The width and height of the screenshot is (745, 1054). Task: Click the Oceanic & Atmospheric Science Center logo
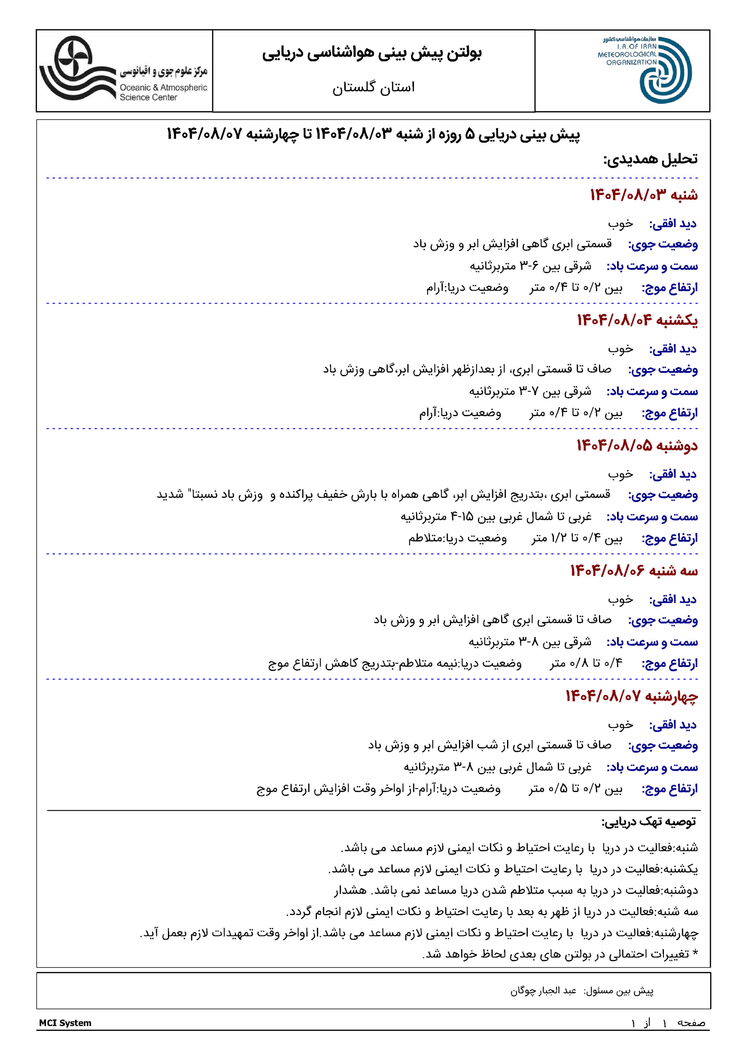[x=78, y=69]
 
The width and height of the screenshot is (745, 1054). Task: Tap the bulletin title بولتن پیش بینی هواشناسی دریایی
[x=372, y=53]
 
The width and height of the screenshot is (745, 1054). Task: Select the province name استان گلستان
[x=373, y=87]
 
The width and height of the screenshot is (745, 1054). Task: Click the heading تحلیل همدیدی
[x=650, y=159]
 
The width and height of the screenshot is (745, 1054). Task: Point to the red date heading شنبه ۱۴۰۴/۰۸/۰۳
[x=644, y=195]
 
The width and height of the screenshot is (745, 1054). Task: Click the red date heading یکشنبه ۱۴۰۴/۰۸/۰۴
[x=637, y=320]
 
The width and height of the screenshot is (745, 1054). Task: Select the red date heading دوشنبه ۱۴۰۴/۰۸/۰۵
[x=637, y=445]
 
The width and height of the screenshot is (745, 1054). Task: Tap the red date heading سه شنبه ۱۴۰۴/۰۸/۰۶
[x=634, y=571]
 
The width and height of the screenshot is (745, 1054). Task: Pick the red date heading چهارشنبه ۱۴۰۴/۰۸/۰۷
[x=632, y=696]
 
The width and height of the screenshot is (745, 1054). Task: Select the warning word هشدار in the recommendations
[x=350, y=890]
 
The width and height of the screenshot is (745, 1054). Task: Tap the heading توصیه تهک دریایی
[x=649, y=822]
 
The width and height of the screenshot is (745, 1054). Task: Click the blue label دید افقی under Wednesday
[x=673, y=725]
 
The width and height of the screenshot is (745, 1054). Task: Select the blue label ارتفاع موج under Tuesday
[x=670, y=663]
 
